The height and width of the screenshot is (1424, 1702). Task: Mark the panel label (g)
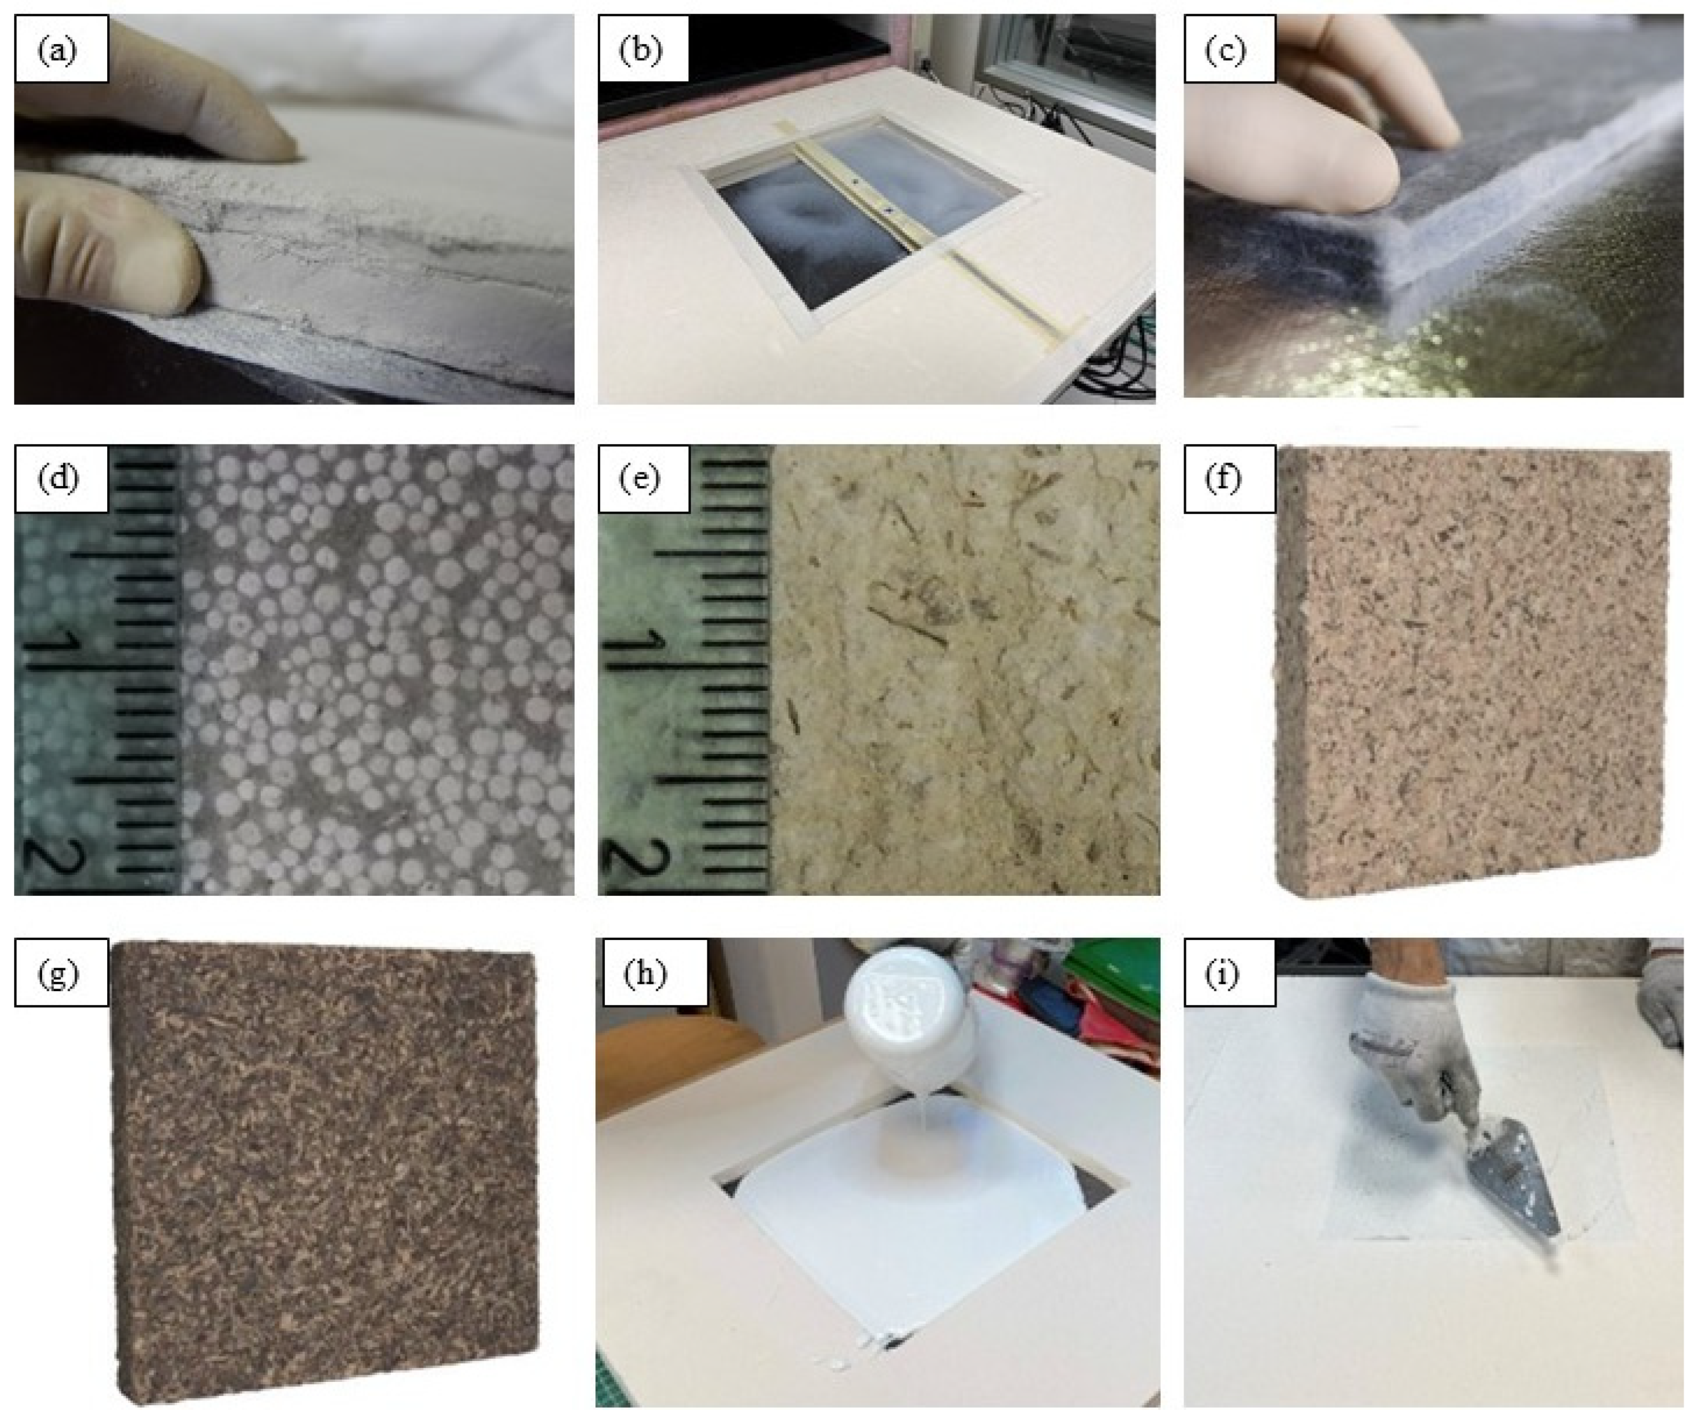click(x=57, y=975)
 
